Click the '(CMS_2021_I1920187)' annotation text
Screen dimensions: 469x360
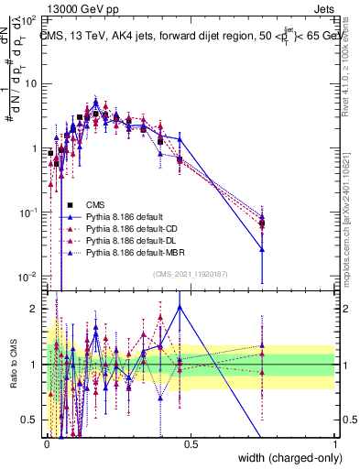tap(190, 274)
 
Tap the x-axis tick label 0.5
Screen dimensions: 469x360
tap(191, 444)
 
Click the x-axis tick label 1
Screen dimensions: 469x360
tap(334, 444)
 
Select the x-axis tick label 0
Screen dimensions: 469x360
tap(47, 444)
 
